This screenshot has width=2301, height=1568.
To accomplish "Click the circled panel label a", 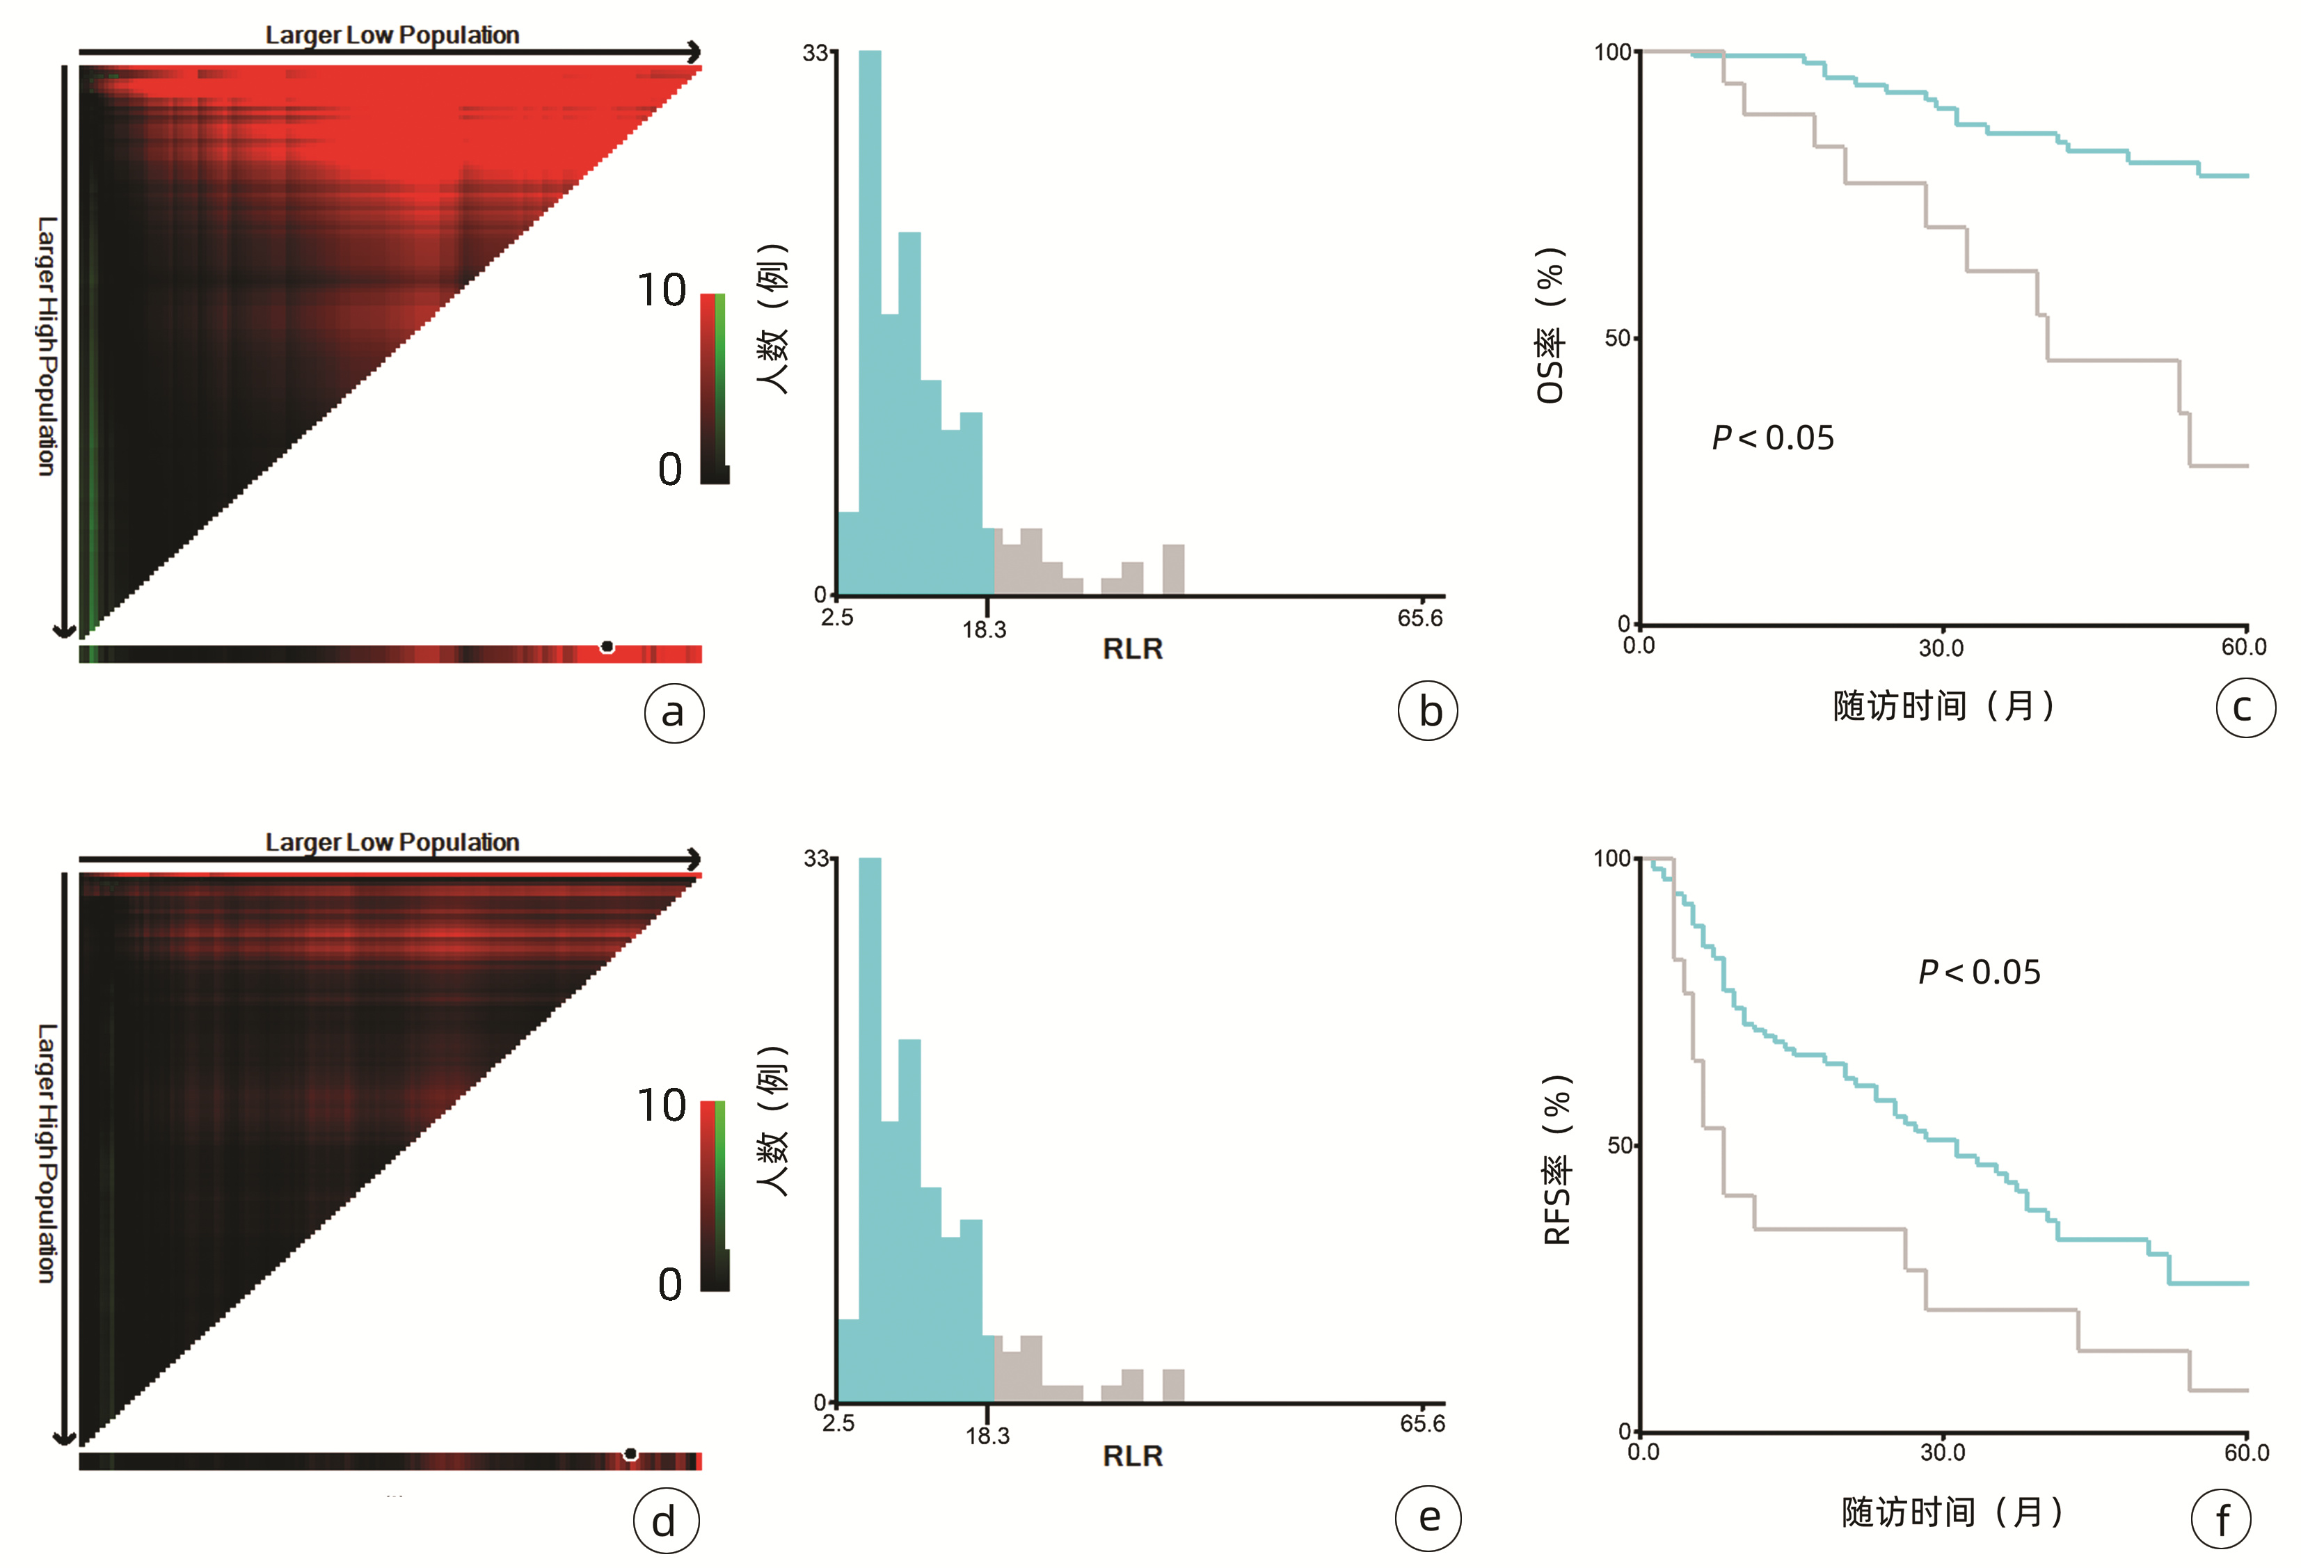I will (674, 712).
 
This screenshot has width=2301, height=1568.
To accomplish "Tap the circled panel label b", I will (1428, 711).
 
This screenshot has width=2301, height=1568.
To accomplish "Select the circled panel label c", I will (2245, 707).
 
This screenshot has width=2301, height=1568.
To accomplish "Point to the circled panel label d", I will (665, 1521).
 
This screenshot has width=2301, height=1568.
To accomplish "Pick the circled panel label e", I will (1428, 1517).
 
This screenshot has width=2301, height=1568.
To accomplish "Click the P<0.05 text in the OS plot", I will (1772, 438).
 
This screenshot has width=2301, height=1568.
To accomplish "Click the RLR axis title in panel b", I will (1133, 649).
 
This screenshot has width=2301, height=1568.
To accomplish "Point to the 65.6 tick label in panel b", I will (1420, 618).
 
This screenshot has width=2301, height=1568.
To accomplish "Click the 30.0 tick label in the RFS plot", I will (1943, 1453).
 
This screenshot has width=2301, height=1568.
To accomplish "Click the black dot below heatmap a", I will (607, 646).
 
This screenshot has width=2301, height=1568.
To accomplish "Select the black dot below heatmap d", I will (630, 1453).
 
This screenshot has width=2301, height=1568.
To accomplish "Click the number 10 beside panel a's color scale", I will (662, 291).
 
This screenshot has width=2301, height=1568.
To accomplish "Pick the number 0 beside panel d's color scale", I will (670, 1285).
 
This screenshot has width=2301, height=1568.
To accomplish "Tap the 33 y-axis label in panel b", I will (815, 52).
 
